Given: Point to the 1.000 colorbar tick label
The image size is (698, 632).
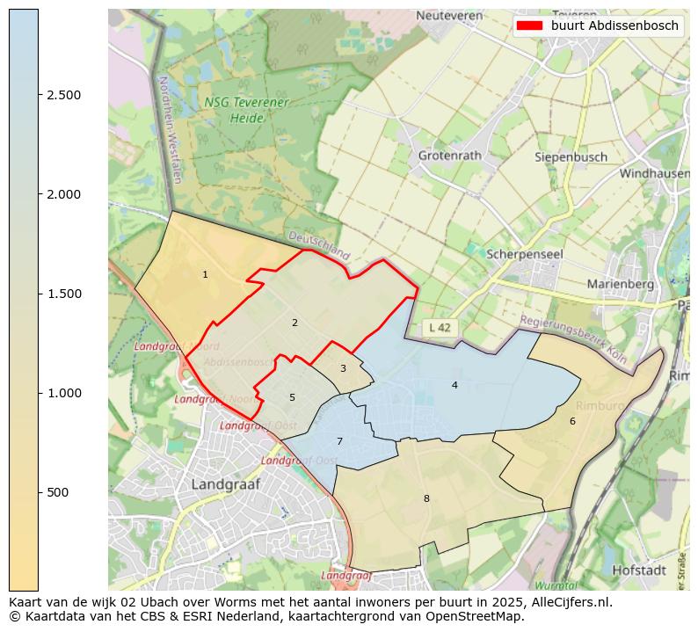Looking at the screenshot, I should tap(64, 393).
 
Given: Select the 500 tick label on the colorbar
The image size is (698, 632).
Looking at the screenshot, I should tap(58, 492).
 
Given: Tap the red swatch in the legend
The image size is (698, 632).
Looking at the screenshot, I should tap(529, 25).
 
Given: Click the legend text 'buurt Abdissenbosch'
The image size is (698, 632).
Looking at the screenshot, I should tap(614, 25).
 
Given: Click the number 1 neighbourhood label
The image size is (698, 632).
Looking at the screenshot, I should tap(205, 275).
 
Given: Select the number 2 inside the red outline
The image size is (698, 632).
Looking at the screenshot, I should tap(294, 323).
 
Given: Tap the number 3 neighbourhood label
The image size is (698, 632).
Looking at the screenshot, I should tap(343, 368).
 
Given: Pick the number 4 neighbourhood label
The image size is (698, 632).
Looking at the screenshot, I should tap(454, 385).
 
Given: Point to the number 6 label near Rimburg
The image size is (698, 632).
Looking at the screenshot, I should tap(572, 421).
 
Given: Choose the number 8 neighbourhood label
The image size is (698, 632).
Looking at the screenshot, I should tap(426, 498).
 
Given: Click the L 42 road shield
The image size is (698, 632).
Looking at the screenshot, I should tap(439, 328).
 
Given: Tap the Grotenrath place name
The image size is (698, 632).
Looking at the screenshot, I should tap(450, 156).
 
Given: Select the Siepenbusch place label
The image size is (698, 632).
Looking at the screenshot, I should tap(571, 157).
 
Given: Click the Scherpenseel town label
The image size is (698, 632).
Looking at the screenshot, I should tap(525, 253).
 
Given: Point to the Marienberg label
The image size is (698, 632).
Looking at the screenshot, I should tap(620, 284).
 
